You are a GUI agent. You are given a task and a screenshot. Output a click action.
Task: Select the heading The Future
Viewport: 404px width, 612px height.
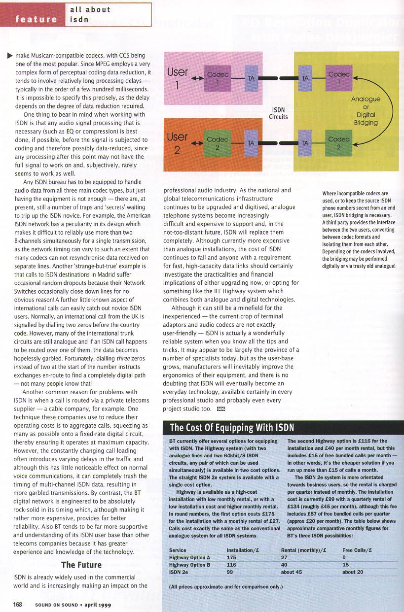click(81, 565)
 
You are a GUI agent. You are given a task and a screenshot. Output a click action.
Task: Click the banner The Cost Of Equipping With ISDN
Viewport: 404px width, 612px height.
click(231, 427)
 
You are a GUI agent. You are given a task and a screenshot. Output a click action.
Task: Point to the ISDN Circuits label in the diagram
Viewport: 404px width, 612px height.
click(278, 113)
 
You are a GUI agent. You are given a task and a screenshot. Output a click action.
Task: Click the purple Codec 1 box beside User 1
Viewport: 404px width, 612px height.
click(218, 77)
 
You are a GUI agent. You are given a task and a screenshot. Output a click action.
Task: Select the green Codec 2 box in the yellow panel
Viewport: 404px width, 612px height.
click(339, 143)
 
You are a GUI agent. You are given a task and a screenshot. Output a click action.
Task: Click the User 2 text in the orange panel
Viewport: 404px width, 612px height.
click(177, 143)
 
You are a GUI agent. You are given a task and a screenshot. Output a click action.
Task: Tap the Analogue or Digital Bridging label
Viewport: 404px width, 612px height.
click(366, 110)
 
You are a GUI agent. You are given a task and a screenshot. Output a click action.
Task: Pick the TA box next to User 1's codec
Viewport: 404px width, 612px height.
click(251, 78)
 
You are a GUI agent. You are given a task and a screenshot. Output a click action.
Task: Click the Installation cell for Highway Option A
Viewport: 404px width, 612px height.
click(231, 557)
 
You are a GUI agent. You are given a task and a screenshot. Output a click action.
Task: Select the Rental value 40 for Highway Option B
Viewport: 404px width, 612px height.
click(284, 565)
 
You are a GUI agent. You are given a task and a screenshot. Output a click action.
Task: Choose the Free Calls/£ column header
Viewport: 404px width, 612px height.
click(357, 550)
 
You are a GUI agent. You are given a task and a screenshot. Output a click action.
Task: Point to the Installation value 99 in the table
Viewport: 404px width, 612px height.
click(230, 572)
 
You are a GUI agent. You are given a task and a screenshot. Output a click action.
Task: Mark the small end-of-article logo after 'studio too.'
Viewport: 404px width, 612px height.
click(220, 409)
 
